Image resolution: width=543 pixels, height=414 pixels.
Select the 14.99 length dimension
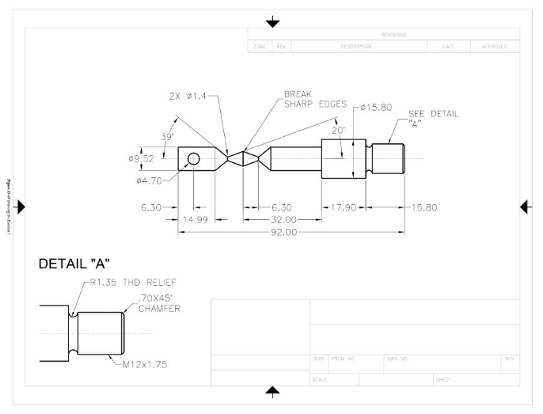tap(196, 219)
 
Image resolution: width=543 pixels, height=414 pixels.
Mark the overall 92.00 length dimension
tap(284, 232)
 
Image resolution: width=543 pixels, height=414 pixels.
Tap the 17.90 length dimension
tap(343, 207)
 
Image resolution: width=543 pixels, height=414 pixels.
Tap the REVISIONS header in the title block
tap(393, 34)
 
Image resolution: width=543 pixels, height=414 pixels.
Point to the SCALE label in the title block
tap(319, 379)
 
